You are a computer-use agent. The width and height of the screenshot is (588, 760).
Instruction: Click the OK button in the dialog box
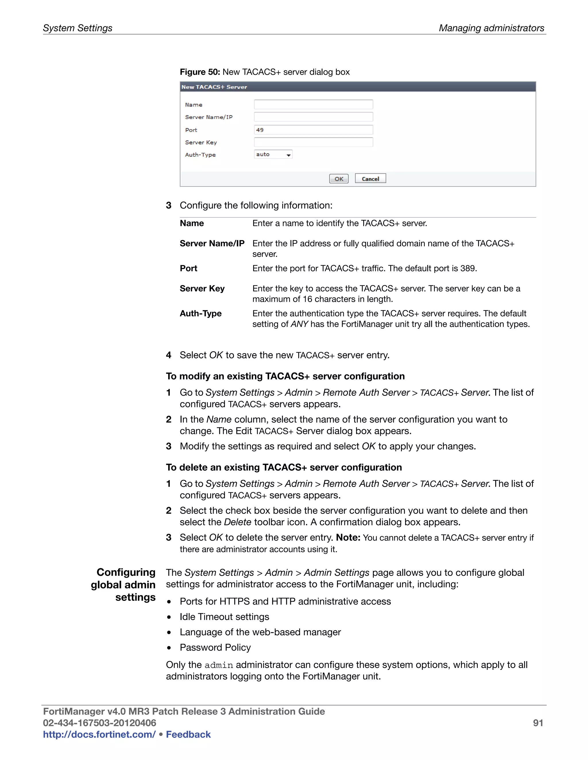(x=339, y=179)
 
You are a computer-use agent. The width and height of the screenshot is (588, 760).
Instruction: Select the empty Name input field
(x=313, y=104)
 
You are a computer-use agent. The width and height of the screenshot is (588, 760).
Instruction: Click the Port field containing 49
(x=313, y=130)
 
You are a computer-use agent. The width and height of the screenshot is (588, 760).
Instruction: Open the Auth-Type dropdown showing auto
(x=273, y=155)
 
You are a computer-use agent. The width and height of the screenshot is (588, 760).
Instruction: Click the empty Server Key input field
(x=313, y=142)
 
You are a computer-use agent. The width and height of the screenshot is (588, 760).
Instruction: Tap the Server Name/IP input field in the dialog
(x=313, y=117)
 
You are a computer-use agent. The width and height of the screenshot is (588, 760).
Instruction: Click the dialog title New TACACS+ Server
(x=214, y=87)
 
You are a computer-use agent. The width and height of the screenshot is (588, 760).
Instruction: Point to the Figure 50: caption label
(x=200, y=72)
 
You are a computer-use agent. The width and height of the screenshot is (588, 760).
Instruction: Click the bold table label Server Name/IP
(x=212, y=243)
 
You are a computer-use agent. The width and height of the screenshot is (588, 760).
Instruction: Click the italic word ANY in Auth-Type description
(x=299, y=324)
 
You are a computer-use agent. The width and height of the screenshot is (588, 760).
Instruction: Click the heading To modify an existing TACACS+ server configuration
(x=285, y=376)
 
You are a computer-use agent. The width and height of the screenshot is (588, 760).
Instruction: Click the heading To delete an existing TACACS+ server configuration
(x=284, y=467)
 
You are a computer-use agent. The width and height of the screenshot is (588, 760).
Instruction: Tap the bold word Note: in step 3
(x=348, y=538)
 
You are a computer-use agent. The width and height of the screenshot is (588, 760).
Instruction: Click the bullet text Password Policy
(x=215, y=648)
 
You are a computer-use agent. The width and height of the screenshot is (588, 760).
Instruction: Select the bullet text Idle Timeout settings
(x=224, y=617)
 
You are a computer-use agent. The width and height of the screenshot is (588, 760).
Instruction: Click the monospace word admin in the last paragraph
(x=218, y=665)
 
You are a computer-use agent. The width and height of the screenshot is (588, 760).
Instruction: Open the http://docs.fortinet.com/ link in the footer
(x=99, y=734)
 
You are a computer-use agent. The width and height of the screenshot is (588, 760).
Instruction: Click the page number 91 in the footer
(x=537, y=723)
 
